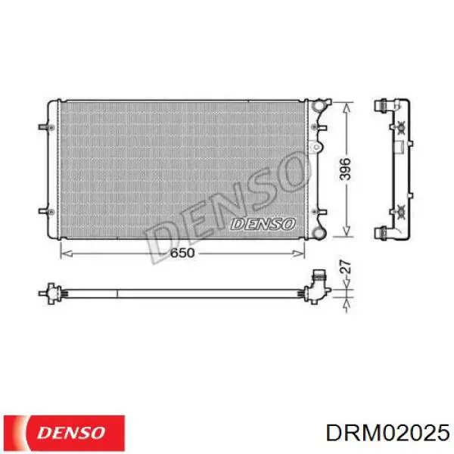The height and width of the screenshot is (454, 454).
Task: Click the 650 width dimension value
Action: click(182, 253)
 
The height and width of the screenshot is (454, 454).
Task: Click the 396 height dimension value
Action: click(345, 169)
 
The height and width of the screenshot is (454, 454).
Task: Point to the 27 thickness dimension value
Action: click(345, 266)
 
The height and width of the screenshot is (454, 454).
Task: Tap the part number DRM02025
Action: click(387, 434)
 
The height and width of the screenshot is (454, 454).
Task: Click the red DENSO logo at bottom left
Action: click(64, 433)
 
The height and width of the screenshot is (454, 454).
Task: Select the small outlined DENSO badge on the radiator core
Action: click(263, 224)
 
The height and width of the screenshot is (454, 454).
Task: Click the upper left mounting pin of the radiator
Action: click(45, 127)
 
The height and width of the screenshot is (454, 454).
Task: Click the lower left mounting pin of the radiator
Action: click(45, 211)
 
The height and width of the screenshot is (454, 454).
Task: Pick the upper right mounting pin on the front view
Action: click(319, 127)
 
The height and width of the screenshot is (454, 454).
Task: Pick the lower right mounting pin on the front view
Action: click(319, 212)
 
